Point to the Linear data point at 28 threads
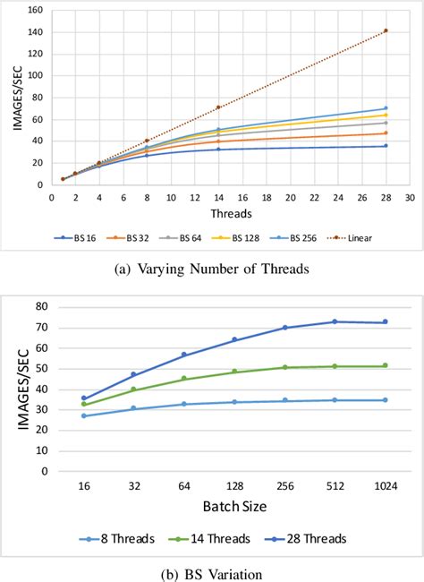click(386, 30)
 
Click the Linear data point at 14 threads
click(218, 107)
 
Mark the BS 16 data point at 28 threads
click(386, 146)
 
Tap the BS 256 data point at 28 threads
click(386, 108)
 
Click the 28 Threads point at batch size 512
click(335, 321)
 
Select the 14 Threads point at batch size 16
click(84, 404)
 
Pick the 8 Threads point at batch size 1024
click(386, 400)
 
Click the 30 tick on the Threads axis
click(409, 196)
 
